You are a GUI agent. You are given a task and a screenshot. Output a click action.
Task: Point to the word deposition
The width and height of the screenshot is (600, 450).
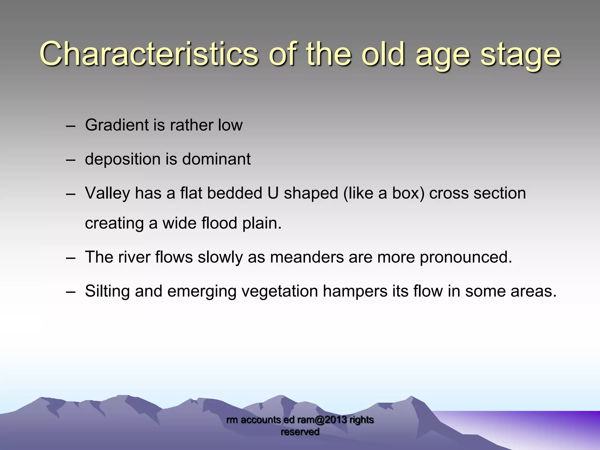point(123,159)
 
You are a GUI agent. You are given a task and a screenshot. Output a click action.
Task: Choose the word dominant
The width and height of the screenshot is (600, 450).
point(216,159)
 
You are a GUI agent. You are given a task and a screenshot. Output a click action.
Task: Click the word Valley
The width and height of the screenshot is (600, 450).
point(107,193)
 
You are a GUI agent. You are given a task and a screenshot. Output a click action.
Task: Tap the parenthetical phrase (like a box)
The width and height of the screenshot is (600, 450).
point(384,193)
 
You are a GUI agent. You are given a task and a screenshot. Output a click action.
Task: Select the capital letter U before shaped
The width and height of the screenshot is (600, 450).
point(273,193)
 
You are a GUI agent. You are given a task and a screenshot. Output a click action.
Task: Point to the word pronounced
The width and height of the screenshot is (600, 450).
point(466,257)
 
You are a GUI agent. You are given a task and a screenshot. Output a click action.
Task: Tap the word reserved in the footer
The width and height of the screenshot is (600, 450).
point(300,432)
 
